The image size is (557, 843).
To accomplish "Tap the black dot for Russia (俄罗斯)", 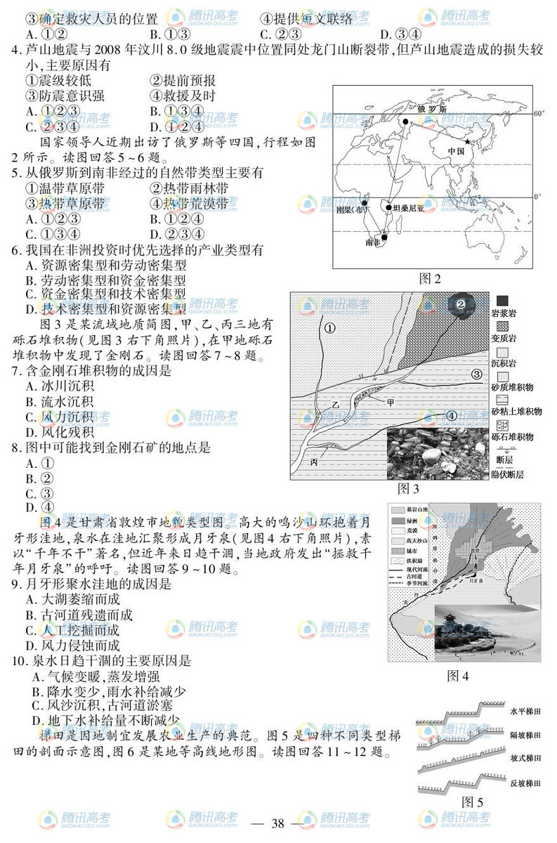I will coord(406,122).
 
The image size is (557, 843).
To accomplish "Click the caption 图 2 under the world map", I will coord(430,279).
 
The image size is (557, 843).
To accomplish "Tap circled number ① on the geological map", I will coord(329,327).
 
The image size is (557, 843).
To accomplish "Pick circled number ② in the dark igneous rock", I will coord(461,305).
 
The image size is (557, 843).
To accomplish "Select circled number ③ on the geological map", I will coord(476,374).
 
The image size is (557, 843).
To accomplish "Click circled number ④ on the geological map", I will coord(452,417).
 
